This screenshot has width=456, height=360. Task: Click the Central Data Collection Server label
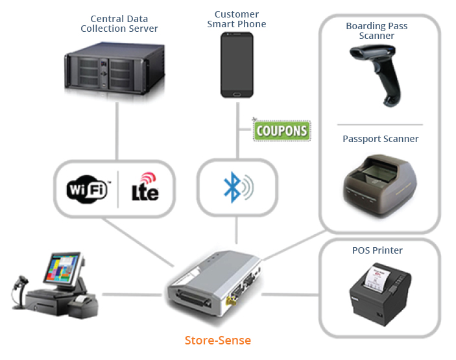click(119, 24)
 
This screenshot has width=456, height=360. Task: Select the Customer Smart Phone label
click(237, 19)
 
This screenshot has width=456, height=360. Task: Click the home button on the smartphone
click(237, 94)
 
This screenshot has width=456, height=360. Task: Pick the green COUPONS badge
click(282, 130)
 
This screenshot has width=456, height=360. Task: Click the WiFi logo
click(87, 189)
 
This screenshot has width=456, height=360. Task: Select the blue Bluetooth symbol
click(232, 187)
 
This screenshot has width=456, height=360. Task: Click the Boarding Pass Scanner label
click(377, 31)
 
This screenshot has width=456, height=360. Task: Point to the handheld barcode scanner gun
click(377, 75)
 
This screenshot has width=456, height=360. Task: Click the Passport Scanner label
click(380, 139)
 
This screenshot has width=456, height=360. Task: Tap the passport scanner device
click(380, 185)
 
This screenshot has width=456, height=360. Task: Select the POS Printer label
click(377, 250)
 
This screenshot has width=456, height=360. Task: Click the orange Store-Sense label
click(218, 341)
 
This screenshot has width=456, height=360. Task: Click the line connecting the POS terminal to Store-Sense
click(132, 294)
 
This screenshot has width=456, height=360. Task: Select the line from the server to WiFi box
click(117, 131)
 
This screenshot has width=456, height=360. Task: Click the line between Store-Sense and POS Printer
click(290, 294)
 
